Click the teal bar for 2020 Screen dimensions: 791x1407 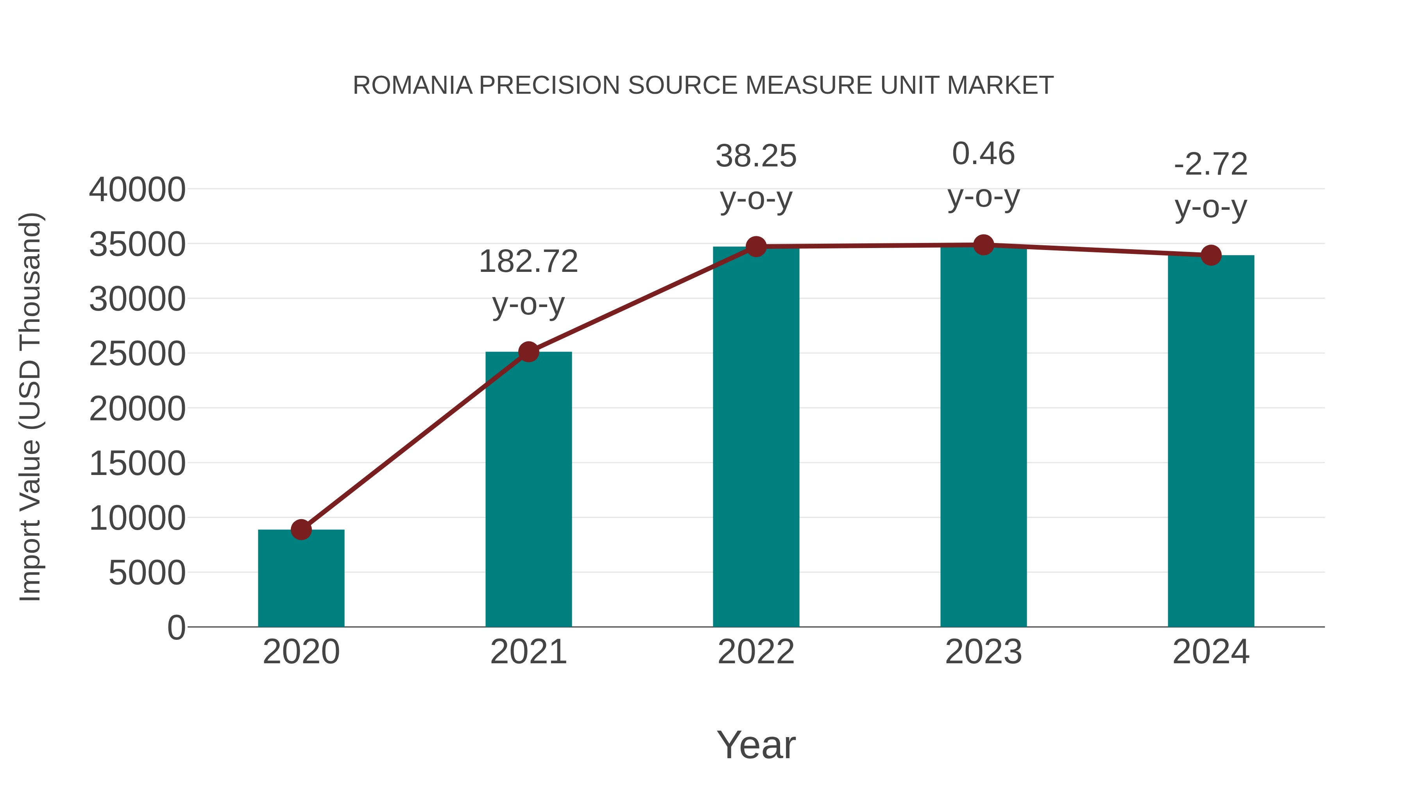click(301, 579)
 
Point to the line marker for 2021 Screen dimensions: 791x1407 click(528, 352)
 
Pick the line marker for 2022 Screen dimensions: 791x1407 click(756, 247)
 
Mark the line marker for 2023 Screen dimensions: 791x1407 click(983, 245)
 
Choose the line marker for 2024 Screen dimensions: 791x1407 click(1210, 255)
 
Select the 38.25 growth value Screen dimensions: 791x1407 click(756, 156)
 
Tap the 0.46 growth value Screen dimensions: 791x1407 click(983, 154)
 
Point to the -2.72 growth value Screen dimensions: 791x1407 click(1210, 164)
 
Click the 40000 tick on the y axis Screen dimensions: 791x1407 click(137, 190)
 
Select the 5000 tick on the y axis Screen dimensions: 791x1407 click(147, 573)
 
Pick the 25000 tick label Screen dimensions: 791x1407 click(137, 354)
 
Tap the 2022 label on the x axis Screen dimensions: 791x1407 click(756, 652)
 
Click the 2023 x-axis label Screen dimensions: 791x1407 click(983, 652)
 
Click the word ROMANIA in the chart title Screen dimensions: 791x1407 click(412, 86)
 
